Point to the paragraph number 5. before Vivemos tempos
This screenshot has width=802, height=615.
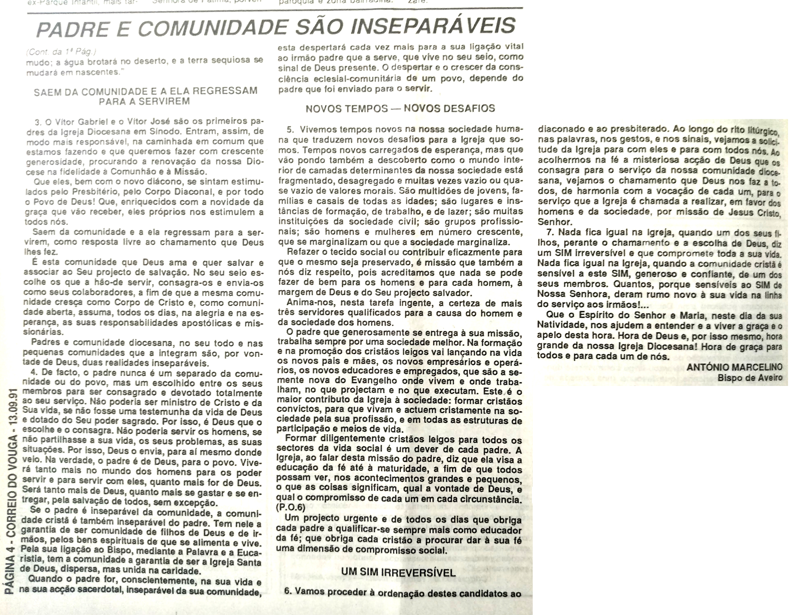pyautogui.click(x=290, y=129)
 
